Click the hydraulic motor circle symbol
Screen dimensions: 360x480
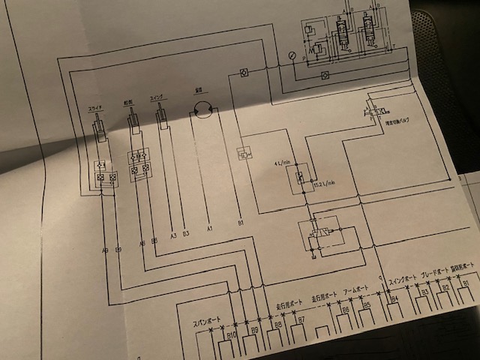[201, 110]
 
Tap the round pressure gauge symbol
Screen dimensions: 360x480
[291, 55]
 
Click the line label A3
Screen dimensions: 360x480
[172, 235]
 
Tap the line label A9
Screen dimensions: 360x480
[104, 247]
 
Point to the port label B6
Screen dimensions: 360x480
[345, 310]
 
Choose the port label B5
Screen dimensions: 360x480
[367, 306]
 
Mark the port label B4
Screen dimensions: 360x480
[394, 300]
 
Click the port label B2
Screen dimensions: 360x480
[445, 287]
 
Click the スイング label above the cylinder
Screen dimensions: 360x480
[158, 97]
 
